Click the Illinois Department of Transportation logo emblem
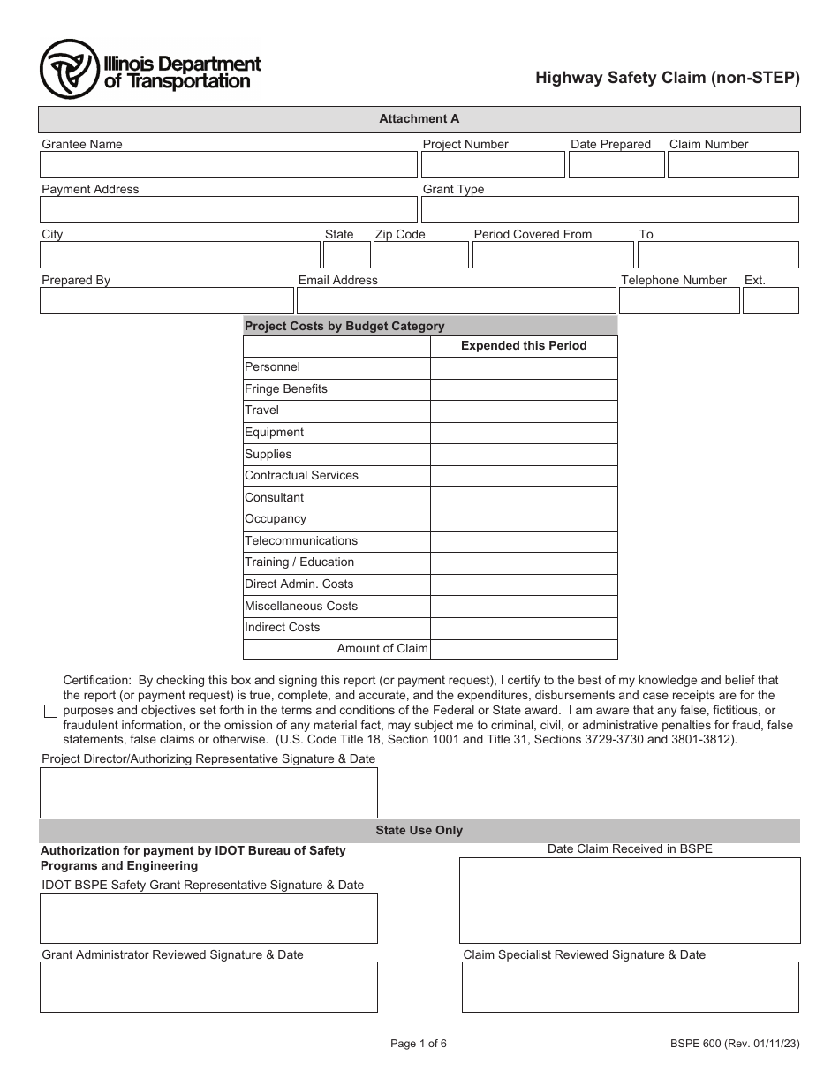click(x=69, y=70)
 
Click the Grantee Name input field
click(x=228, y=165)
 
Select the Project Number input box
click(x=492, y=165)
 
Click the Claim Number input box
click(x=733, y=165)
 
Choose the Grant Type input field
click(x=609, y=210)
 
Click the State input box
click(x=346, y=255)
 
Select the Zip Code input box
click(x=420, y=255)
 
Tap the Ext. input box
click(x=770, y=301)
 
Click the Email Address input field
click(x=456, y=301)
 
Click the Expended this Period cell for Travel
click(x=524, y=411)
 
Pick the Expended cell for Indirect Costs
click(x=524, y=628)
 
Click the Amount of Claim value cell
click(x=524, y=649)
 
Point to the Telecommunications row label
click(x=301, y=541)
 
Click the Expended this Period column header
click(x=524, y=346)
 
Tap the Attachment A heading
click(x=419, y=119)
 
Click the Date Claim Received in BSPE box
click(x=629, y=901)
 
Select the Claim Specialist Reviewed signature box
click(x=630, y=987)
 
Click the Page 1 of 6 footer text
click(x=419, y=1044)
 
